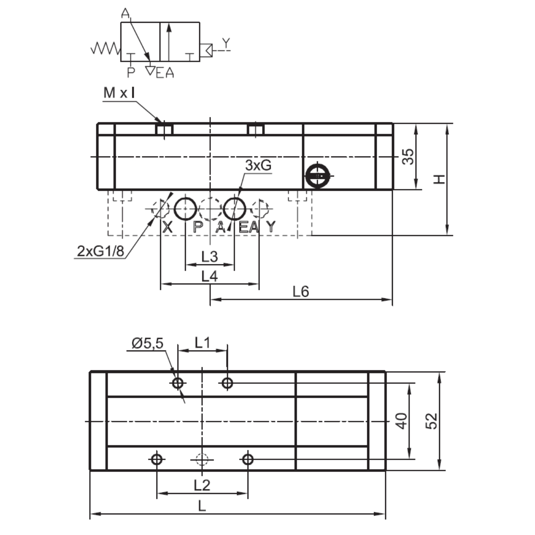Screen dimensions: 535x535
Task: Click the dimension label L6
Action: [301, 292]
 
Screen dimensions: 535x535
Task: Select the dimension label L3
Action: [209, 257]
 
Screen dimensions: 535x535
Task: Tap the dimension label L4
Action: [209, 276]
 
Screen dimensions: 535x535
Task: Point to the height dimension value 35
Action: [408, 156]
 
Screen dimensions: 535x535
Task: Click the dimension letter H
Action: [440, 179]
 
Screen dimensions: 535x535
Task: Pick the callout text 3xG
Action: [258, 165]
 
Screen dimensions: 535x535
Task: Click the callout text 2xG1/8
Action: [100, 251]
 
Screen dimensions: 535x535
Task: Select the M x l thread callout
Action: [119, 93]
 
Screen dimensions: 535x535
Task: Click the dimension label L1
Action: [202, 342]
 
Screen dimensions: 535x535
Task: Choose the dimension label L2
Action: [202, 485]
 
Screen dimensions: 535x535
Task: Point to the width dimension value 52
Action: [432, 420]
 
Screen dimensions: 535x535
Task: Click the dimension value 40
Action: [403, 420]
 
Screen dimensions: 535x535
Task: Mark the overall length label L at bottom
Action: [202, 506]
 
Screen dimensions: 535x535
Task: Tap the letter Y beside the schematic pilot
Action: [226, 43]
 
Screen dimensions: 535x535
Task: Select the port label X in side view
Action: [168, 227]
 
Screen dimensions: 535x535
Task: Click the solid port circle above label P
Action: [185, 208]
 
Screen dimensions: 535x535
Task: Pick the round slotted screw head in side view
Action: [317, 176]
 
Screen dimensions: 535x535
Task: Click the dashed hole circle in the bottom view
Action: [202, 459]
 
